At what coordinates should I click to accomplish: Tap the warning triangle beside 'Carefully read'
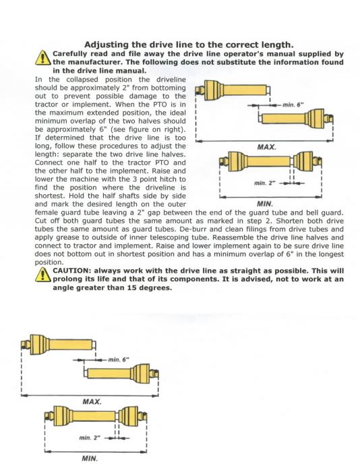pos(43,57)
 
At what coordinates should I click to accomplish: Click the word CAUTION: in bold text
pos(72,271)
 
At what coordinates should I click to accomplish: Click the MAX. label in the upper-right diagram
pos(267,147)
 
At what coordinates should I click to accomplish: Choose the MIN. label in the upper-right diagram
pos(265,204)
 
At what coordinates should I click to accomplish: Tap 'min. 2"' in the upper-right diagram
pos(265,183)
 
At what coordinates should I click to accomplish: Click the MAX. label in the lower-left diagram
pos(92,402)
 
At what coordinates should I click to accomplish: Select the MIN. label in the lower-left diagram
pos(90,458)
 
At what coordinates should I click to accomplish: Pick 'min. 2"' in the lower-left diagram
pos(90,437)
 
